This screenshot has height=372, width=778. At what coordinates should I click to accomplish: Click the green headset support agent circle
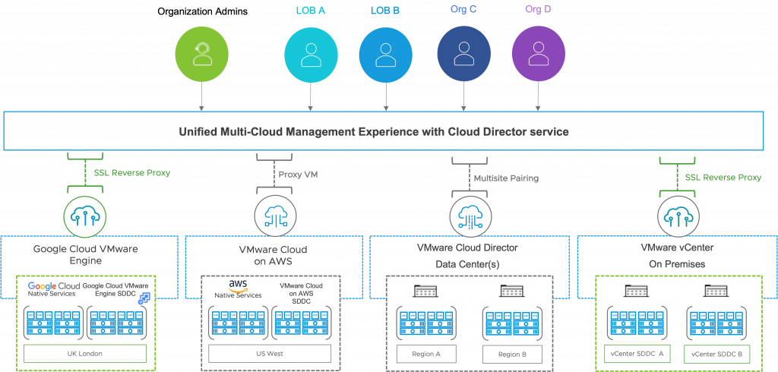(x=201, y=55)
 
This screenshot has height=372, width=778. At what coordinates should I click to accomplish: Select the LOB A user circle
(x=310, y=55)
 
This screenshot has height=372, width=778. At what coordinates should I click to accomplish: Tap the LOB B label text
(x=385, y=10)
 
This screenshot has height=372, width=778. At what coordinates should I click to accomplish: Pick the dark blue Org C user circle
(x=463, y=55)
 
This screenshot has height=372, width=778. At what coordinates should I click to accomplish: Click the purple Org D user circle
(x=538, y=55)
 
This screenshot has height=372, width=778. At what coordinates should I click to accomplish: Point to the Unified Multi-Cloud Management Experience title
(x=373, y=131)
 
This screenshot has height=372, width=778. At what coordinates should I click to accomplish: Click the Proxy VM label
(x=299, y=175)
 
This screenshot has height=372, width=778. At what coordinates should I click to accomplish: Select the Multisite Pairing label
(x=505, y=178)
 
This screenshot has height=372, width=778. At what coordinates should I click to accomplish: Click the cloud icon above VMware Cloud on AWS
(x=275, y=216)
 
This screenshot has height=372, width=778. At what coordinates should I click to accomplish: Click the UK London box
(x=84, y=354)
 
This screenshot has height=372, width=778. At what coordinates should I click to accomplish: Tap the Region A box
(x=425, y=354)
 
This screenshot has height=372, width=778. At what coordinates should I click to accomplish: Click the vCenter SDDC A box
(x=637, y=354)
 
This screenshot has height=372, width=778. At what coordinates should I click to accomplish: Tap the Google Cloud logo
(x=54, y=286)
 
